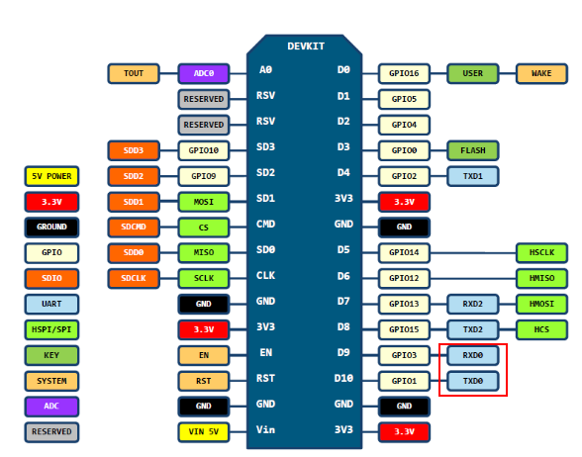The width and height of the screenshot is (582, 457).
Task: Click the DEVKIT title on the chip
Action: click(306, 46)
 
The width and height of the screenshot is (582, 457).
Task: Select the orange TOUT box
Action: click(134, 73)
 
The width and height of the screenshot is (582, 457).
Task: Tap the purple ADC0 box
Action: click(204, 73)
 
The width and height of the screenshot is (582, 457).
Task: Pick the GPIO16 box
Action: click(404, 73)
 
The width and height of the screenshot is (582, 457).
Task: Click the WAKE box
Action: click(541, 73)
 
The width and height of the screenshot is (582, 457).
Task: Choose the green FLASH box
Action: click(472, 150)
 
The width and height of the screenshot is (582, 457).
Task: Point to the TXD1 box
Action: click(472, 176)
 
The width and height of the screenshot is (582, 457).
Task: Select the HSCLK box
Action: click(541, 252)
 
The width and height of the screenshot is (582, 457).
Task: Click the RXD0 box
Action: click(472, 355)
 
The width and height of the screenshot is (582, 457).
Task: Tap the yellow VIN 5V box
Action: click(204, 432)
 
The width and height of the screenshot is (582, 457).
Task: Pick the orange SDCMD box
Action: click(134, 228)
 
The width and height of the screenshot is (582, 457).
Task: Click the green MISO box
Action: click(204, 252)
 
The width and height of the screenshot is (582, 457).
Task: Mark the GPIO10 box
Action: click(204, 150)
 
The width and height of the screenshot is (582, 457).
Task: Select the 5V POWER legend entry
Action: click(51, 176)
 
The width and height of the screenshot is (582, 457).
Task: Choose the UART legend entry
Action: click(51, 305)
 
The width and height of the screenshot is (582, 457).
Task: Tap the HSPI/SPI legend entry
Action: click(51, 329)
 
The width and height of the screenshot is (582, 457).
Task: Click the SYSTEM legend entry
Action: click(51, 381)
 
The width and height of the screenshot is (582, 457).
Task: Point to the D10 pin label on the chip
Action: click(343, 378)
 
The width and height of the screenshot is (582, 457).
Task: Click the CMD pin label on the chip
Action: click(265, 224)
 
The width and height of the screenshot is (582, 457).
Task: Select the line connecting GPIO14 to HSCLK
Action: click(473, 253)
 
